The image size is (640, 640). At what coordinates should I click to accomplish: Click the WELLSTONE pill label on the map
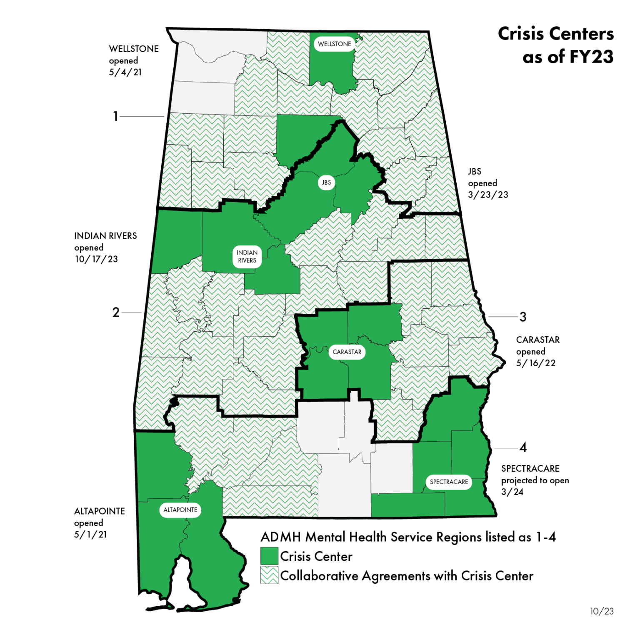(334, 44)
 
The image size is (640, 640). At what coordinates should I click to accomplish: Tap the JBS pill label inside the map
(326, 182)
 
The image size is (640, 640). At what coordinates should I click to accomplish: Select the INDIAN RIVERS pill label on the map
(247, 257)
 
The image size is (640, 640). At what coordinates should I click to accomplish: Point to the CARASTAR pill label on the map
(347, 352)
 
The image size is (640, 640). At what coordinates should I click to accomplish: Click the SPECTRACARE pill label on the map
(449, 482)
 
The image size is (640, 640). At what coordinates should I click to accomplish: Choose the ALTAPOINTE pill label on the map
(180, 510)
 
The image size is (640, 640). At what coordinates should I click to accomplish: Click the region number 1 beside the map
(115, 116)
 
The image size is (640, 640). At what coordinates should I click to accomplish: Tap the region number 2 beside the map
(116, 312)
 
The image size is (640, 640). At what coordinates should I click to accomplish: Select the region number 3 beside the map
(523, 317)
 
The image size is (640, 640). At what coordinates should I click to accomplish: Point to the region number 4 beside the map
(523, 448)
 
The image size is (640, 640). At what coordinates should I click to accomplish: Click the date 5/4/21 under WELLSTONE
(125, 72)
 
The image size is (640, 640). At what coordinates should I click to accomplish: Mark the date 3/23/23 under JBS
(488, 195)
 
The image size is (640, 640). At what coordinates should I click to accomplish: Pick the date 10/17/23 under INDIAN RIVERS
(96, 259)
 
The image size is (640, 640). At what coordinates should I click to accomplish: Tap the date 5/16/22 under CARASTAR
(536, 363)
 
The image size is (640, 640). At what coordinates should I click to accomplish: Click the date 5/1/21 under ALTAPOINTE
(90, 535)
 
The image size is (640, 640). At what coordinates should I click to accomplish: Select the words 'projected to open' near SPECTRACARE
(535, 480)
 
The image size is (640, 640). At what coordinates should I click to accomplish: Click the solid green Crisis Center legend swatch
(269, 556)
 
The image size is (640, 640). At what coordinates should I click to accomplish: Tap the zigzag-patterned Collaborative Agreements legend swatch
(269, 575)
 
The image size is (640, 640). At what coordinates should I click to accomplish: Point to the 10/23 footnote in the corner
(602, 611)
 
